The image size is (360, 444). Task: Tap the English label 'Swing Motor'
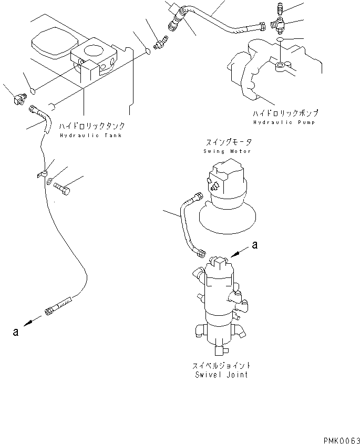[x=227, y=151]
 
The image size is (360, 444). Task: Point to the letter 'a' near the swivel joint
[x=255, y=244]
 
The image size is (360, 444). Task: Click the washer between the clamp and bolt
[x=49, y=182]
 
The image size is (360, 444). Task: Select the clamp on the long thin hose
[x=42, y=174]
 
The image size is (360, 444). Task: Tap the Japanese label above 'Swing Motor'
[x=227, y=142]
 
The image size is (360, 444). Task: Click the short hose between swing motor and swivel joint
[x=186, y=226]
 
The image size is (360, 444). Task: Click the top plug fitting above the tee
[x=279, y=7]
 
